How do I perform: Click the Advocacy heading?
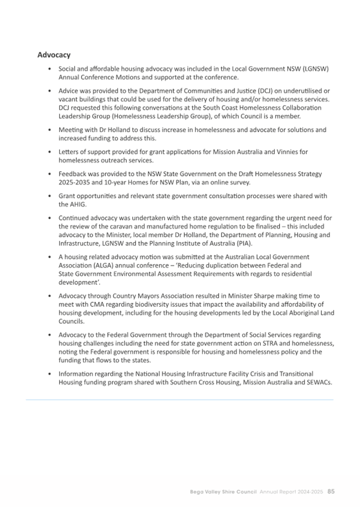(54, 55)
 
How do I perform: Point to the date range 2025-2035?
(73, 182)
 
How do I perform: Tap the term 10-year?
(113, 182)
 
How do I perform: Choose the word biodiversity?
(135, 304)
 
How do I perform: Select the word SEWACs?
(318, 382)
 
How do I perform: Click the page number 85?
(331, 491)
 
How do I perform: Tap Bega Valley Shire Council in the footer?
(224, 491)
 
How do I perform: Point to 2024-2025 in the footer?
(309, 491)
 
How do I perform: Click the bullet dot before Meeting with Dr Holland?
(50, 130)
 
